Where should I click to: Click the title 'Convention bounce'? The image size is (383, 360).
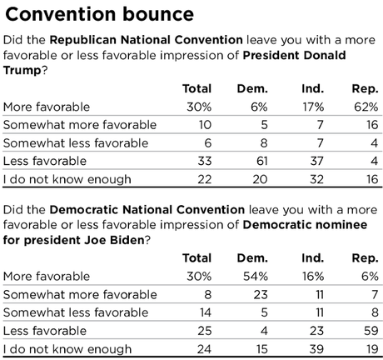click(99, 14)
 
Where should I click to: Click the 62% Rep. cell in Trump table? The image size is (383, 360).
click(366, 107)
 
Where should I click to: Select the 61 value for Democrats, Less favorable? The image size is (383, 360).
click(262, 161)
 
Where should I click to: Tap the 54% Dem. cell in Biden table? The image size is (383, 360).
click(256, 277)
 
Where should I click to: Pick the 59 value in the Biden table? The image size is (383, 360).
click(371, 331)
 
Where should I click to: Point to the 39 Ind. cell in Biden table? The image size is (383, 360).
click(316, 349)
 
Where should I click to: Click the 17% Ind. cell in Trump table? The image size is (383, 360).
click(313, 107)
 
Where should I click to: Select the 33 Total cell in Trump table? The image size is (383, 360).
click(205, 161)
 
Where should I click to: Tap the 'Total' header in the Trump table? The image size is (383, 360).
click(197, 88)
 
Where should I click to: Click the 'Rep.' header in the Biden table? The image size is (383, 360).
click(365, 258)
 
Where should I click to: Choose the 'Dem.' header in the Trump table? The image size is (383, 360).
click(252, 88)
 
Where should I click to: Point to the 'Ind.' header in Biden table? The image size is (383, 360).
click(313, 258)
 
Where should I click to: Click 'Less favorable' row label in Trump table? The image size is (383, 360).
click(45, 161)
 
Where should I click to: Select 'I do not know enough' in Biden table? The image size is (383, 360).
click(67, 349)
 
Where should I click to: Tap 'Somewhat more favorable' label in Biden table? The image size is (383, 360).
click(80, 294)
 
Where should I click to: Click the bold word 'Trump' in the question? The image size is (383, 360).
click(22, 71)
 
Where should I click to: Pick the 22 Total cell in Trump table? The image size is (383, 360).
click(205, 179)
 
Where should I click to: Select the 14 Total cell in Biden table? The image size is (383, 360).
click(206, 312)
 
